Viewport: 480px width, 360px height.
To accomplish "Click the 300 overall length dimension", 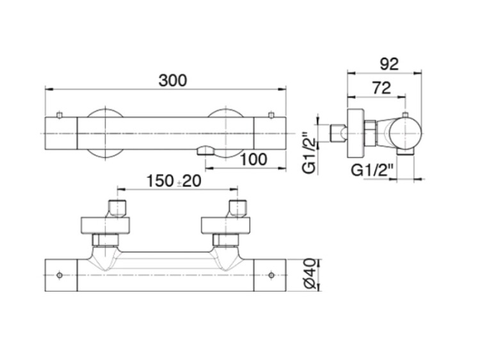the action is [x=172, y=81].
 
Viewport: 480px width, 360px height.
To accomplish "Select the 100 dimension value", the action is [x=253, y=159].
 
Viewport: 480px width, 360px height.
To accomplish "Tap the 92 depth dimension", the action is [x=389, y=64].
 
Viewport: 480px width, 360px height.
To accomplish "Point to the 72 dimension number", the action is [x=381, y=88].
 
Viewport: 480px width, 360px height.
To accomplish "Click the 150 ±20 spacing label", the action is [x=174, y=181].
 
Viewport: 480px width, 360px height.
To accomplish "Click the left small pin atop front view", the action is [x=60, y=114].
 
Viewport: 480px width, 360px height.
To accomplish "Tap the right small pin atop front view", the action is [x=271, y=114].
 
